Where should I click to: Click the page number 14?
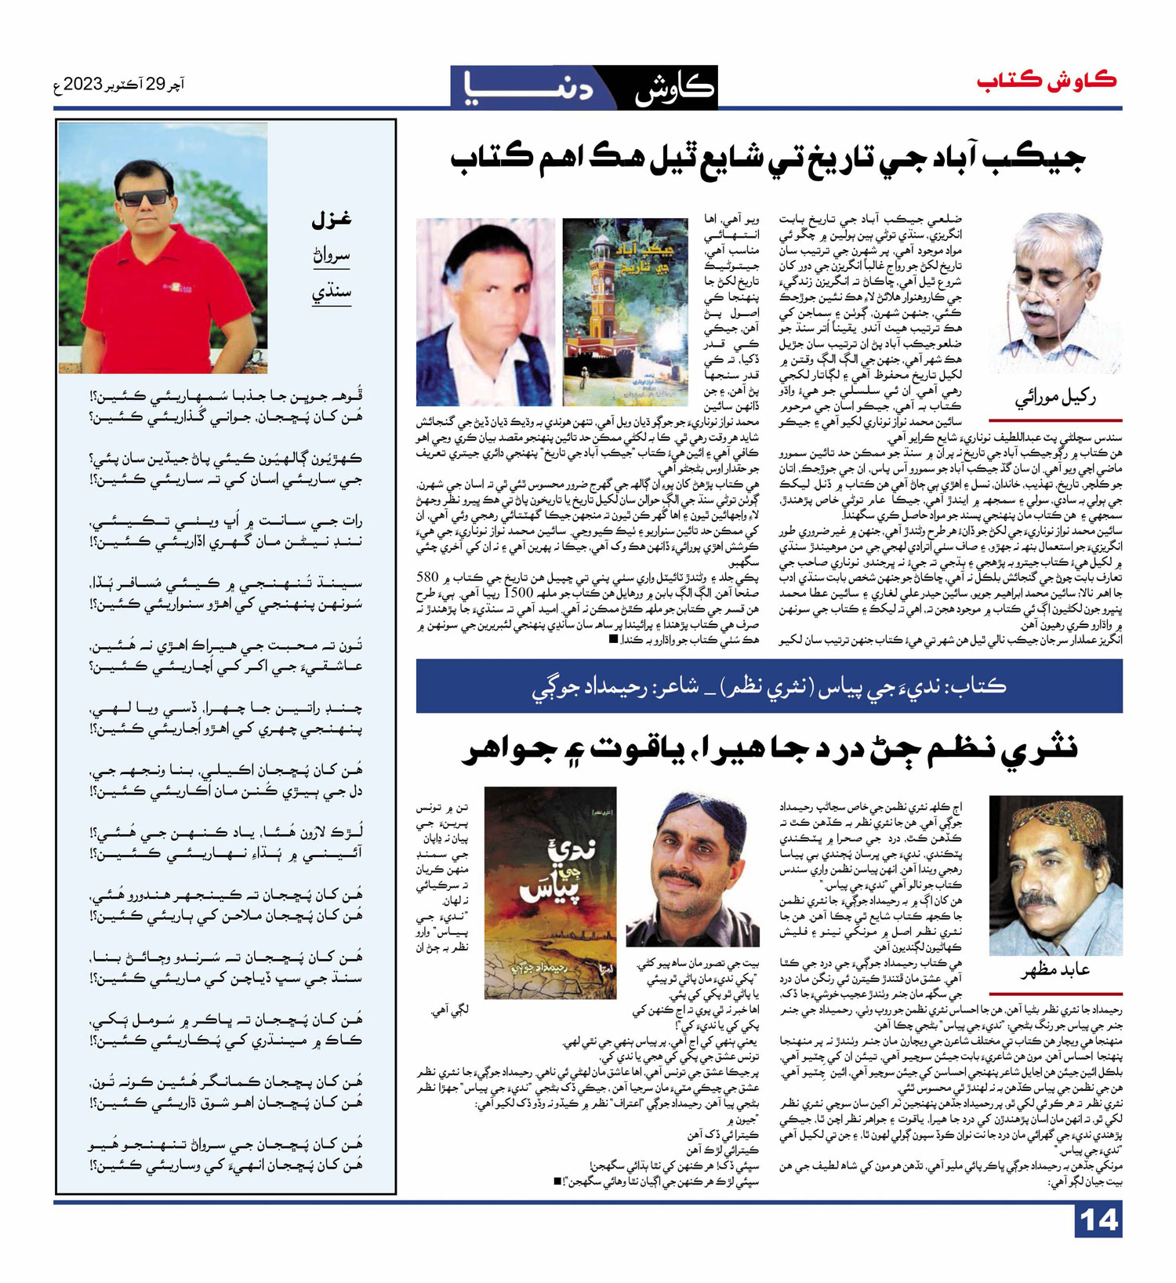click(x=1099, y=1220)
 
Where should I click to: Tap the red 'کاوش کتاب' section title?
click(x=1047, y=81)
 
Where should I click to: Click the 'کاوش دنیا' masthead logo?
click(x=583, y=86)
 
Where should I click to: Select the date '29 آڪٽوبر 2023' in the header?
click(x=120, y=85)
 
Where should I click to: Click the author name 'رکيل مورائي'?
click(x=1054, y=399)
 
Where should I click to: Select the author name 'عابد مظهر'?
click(x=1054, y=971)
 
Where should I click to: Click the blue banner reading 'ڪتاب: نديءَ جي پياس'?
click(x=768, y=686)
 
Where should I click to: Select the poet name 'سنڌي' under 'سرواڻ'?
click(x=332, y=292)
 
